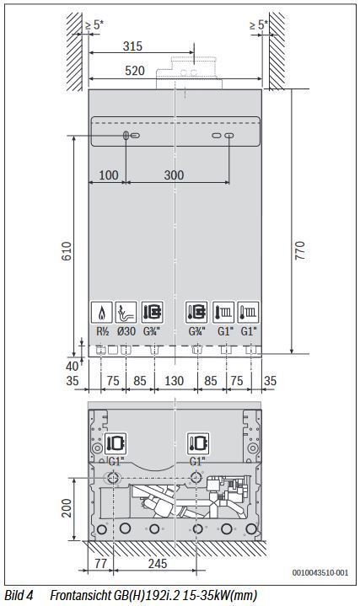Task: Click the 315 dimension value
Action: pos(132,46)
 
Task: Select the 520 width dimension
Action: pos(135,71)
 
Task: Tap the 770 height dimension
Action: pos(299,250)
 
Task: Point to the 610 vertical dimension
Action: pos(67,251)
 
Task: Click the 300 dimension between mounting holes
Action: pos(174,175)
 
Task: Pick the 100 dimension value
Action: pos(109,175)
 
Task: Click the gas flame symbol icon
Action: pos(102,312)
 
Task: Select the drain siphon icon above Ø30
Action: pos(126,312)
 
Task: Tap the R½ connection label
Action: pos(103,331)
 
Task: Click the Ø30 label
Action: pos(126,331)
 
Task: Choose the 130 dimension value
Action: pos(174,381)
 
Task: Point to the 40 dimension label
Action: pos(72,366)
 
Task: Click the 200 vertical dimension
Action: pos(67,508)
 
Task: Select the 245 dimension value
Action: pos(158,564)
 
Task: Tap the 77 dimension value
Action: pos(100,564)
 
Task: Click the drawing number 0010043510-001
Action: pos(320,572)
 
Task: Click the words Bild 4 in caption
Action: pos(19,595)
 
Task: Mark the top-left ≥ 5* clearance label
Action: pos(94,25)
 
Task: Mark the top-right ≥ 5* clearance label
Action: pos(259,25)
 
